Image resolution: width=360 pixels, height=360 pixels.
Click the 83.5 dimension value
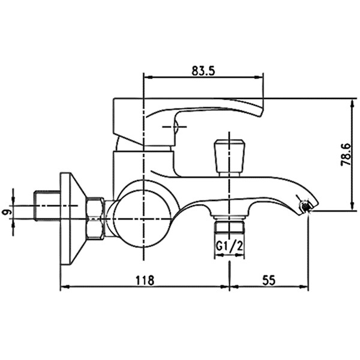[203, 71]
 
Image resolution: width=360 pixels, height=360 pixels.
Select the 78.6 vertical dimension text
[346, 155]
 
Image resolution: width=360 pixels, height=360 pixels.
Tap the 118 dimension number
[145, 280]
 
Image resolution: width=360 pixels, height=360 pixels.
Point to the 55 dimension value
[269, 280]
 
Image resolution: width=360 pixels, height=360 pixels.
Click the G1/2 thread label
[229, 247]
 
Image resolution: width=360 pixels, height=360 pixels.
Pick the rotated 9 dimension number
[7, 212]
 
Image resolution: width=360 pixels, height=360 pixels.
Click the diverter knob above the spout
[229, 158]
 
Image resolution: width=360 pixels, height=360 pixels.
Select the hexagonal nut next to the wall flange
[95, 218]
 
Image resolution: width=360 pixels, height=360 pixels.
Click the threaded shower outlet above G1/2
[229, 227]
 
